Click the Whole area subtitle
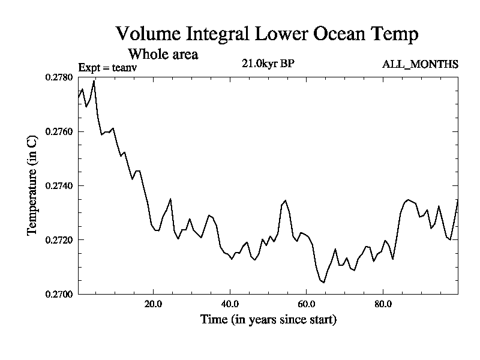tap(163, 54)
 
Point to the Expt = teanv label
tap(109, 67)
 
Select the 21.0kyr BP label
tap(268, 64)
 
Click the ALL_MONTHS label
tap(420, 64)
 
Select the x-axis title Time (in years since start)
tap(268, 320)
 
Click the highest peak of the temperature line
tap(94, 80)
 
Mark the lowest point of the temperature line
tap(325, 282)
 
